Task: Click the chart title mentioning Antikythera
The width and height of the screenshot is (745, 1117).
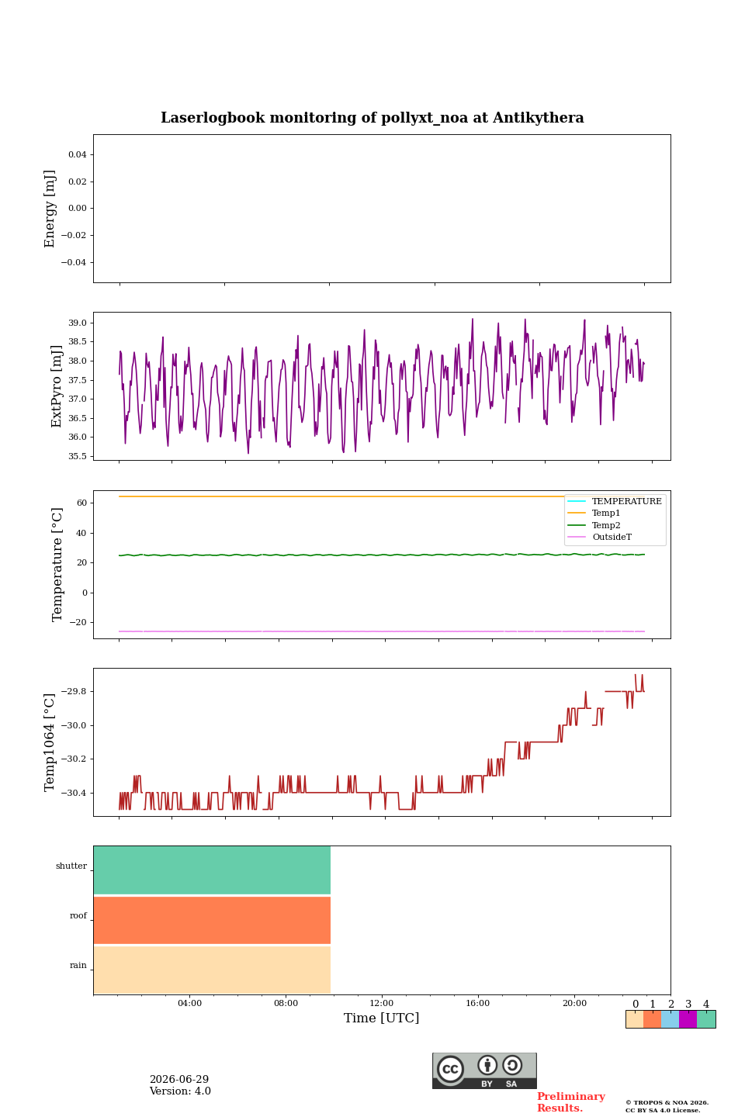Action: pyautogui.click(x=372, y=118)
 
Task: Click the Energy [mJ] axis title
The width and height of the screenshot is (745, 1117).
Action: pyautogui.click(x=50, y=209)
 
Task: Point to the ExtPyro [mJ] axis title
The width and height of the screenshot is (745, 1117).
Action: pyautogui.click(x=56, y=386)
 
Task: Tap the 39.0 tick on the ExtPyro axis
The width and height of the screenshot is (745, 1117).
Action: pyautogui.click(x=78, y=323)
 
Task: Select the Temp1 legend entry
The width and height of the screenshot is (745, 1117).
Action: pyautogui.click(x=606, y=514)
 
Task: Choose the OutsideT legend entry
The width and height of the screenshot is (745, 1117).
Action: pyautogui.click(x=612, y=537)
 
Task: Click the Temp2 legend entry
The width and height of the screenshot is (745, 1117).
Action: pyautogui.click(x=606, y=525)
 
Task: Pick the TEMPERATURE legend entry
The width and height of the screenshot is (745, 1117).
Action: pyautogui.click(x=626, y=501)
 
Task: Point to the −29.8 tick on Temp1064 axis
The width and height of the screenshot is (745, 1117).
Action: pyautogui.click(x=74, y=691)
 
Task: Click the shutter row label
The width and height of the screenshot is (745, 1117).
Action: pyautogui.click(x=71, y=866)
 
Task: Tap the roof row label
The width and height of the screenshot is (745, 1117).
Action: pyautogui.click(x=78, y=915)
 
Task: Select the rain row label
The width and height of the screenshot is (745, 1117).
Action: pyautogui.click(x=78, y=965)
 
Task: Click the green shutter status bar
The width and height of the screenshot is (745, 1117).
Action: pyautogui.click(x=212, y=870)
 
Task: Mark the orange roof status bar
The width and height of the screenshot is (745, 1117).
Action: pyautogui.click(x=212, y=920)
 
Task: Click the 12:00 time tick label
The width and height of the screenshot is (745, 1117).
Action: pyautogui.click(x=381, y=1003)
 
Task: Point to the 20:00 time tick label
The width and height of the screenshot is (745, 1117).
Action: pyautogui.click(x=574, y=1003)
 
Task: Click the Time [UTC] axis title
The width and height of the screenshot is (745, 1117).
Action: pyautogui.click(x=381, y=1018)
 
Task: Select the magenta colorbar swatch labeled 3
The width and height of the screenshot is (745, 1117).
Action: pyautogui.click(x=688, y=1019)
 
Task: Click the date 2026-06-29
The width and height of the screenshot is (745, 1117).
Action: pyautogui.click(x=179, y=1079)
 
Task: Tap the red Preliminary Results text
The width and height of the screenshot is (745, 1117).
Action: pyautogui.click(x=571, y=1102)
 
